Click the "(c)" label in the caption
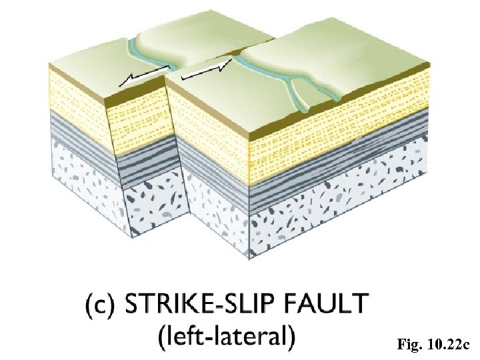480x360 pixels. point(100,306)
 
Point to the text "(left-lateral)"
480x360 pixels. point(227,336)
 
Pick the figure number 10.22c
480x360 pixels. point(448,345)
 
